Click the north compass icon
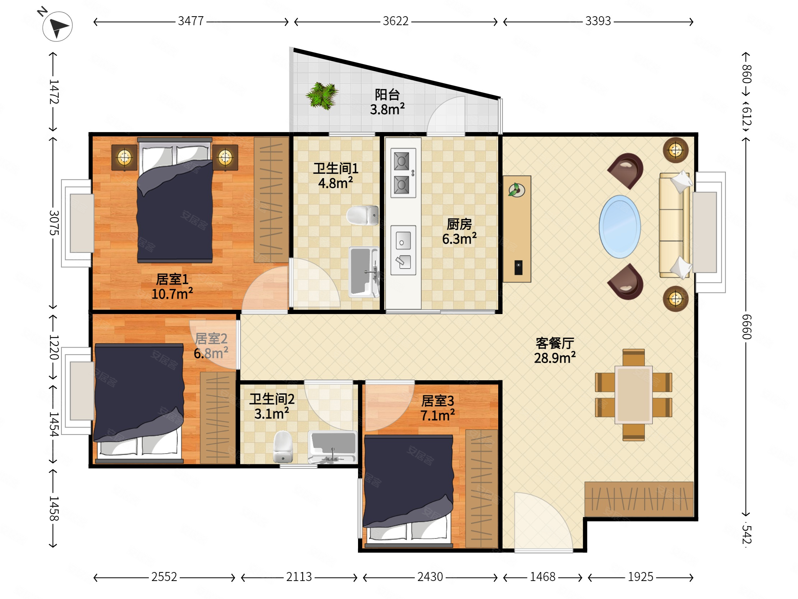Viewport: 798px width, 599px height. coord(57,26)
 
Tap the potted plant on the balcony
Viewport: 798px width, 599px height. coord(322,95)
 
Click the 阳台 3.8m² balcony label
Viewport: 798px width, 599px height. coord(387,102)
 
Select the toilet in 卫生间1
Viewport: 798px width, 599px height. coord(362,215)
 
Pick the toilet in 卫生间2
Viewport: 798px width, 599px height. coord(283,446)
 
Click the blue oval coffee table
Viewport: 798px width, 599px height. coord(620,227)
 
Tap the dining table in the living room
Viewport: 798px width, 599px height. coord(633,394)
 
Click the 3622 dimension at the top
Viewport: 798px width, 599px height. coord(396,21)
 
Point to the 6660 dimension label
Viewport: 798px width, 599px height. coord(746,327)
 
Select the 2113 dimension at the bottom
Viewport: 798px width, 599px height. coord(299,577)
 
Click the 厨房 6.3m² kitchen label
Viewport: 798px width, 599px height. coord(459,231)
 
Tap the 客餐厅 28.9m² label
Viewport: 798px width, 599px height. coord(555,351)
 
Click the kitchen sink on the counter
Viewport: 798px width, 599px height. coord(403,250)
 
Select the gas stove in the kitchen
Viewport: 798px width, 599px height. coord(403,173)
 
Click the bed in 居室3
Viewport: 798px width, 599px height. coord(408,492)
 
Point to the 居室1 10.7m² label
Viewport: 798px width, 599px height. coord(172,287)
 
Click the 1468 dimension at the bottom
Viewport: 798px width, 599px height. coord(542,577)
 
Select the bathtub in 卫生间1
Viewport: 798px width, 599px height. coord(364,272)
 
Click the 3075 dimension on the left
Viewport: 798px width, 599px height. coord(54,223)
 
